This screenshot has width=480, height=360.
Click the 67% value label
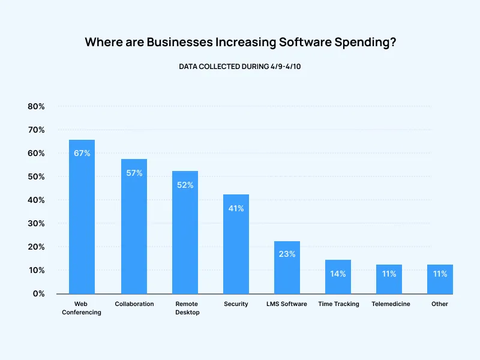[x=82, y=153]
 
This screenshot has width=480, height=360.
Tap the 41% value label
[x=236, y=208]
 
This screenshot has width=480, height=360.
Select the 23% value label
[x=287, y=254]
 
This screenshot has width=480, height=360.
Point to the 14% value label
[x=338, y=274]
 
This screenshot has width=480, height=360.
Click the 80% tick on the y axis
[x=36, y=106]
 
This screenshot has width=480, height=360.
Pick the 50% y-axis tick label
[x=36, y=176]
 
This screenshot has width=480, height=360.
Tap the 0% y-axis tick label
[x=38, y=293]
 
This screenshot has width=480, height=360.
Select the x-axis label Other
[x=440, y=304]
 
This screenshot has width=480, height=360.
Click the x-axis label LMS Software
[x=287, y=304]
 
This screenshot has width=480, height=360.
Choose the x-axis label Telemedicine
[x=391, y=304]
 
